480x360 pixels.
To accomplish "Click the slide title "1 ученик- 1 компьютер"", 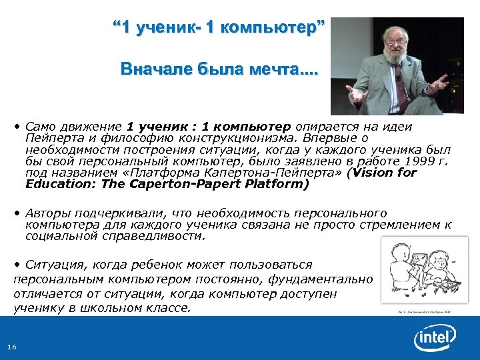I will [219, 29].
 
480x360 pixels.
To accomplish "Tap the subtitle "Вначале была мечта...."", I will [219, 69].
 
